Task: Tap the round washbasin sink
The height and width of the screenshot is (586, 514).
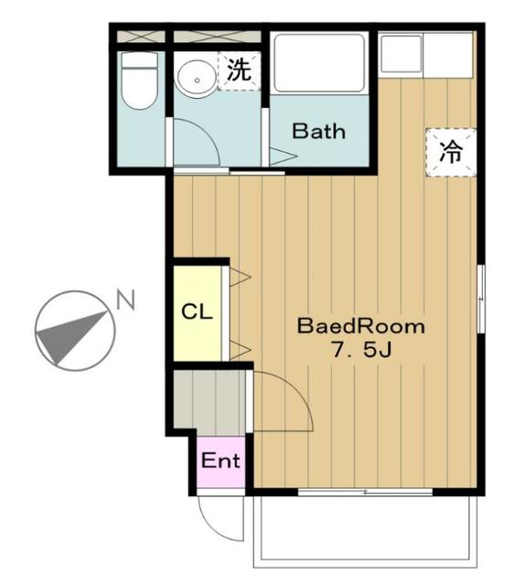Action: click(193, 79)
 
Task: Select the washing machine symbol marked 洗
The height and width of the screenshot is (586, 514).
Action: click(238, 71)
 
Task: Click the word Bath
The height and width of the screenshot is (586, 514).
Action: click(318, 131)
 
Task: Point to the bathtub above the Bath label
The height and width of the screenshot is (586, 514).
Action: click(319, 62)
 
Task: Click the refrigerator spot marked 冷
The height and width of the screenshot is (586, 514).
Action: click(450, 151)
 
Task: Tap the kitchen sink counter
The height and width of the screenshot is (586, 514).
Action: click(425, 55)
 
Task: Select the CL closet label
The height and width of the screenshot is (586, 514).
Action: click(197, 311)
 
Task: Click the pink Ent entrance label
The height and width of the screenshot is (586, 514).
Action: click(220, 461)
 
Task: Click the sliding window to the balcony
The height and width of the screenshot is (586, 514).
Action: click(366, 493)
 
